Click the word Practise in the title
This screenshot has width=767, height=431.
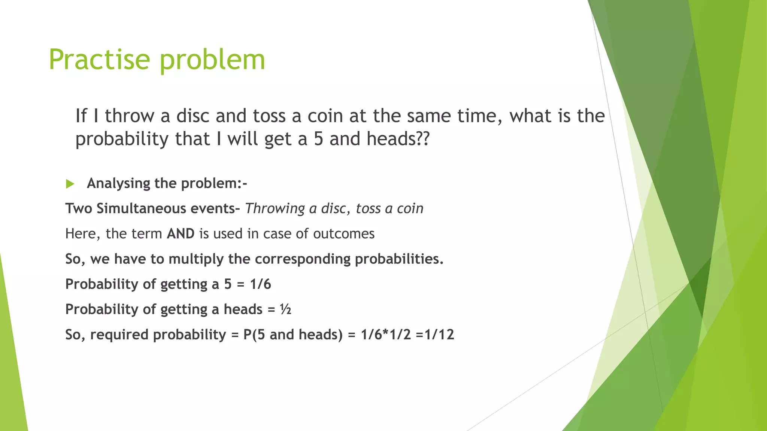99,59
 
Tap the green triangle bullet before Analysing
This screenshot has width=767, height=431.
70,184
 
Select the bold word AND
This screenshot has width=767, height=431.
181,234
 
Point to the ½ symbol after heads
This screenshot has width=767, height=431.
285,309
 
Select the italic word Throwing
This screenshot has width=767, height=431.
275,209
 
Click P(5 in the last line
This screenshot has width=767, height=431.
255,334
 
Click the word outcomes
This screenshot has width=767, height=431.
343,234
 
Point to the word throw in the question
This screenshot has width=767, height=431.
129,116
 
